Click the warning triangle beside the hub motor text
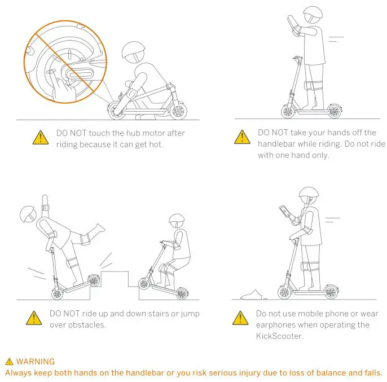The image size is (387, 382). tap(40, 137)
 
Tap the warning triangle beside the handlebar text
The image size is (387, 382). tap(243, 137)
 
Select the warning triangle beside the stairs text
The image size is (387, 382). tap(34, 318)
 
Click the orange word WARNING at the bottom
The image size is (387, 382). tap(35, 362)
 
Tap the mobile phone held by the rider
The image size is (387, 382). tap(283, 210)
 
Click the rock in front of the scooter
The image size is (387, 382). tap(252, 293)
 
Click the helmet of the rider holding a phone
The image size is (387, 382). tap(309, 194)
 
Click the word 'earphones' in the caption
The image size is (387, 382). tap(276, 325)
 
